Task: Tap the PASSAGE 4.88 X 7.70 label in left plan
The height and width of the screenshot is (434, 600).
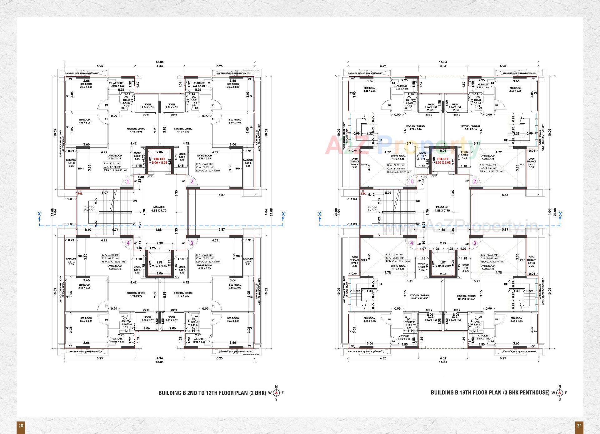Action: point(159,209)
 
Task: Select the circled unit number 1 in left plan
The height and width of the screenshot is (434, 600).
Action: point(128,181)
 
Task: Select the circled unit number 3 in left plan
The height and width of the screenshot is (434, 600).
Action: point(192,243)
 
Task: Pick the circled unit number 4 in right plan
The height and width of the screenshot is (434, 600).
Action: point(411,243)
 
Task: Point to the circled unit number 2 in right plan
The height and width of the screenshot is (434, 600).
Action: point(475,181)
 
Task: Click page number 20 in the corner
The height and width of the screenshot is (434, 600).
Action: point(21,426)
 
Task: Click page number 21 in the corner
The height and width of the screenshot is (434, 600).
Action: point(579,426)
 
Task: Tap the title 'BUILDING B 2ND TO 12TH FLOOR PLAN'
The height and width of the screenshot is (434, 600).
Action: point(212,393)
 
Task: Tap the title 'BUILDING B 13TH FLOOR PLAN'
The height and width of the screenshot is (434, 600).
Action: point(490,393)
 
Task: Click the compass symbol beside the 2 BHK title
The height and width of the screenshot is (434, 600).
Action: point(276,393)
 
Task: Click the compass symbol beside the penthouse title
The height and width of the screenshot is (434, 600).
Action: point(559,393)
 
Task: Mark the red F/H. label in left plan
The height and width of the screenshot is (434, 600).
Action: point(80,194)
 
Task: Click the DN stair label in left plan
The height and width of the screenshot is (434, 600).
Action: point(135,201)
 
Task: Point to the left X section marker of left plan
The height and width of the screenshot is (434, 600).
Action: point(39,214)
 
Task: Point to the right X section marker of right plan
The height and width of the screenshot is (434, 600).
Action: point(560,214)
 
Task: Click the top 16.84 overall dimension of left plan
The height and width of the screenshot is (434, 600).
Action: point(159,62)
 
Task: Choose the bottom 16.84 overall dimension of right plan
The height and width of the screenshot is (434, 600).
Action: point(443,362)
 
